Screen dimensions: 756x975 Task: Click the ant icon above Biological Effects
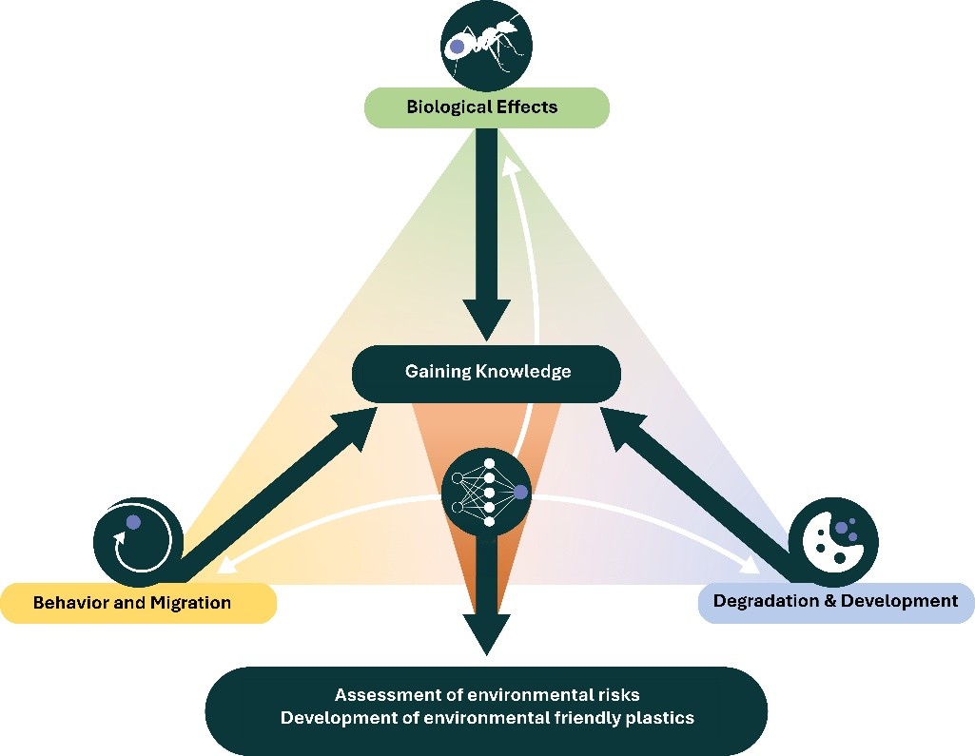(x=486, y=45)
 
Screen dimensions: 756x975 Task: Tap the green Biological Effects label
(x=482, y=107)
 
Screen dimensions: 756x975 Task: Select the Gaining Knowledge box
(x=486, y=372)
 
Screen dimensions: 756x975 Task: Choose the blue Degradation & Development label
(x=835, y=601)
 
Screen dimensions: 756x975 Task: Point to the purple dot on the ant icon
(x=458, y=45)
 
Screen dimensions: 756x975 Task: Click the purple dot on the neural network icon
(x=521, y=492)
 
